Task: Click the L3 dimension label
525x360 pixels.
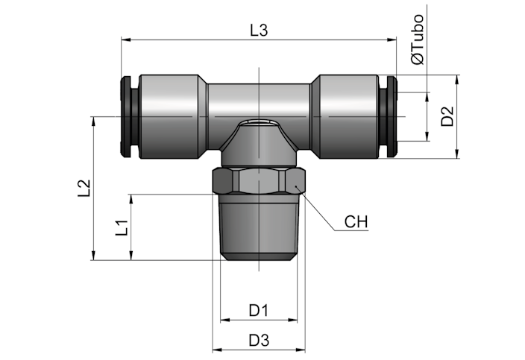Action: coord(260,31)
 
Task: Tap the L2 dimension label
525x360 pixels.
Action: coord(84,188)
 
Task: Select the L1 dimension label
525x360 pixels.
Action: coord(122,227)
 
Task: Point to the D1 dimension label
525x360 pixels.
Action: coord(259,311)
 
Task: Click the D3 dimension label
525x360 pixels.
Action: coord(259,341)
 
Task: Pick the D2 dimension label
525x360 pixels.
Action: coord(447,116)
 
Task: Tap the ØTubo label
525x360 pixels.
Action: coord(418,40)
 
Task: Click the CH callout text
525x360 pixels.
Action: coord(356,222)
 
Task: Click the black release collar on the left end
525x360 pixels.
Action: coord(129,116)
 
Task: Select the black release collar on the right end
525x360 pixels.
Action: coord(389,116)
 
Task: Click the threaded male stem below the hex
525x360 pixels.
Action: coord(259,227)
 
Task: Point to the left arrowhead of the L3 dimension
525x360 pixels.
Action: coord(125,40)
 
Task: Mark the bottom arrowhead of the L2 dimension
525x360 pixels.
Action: coord(94,256)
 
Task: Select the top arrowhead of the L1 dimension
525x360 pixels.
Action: coord(131,199)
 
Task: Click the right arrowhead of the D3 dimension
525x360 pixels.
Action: coord(301,350)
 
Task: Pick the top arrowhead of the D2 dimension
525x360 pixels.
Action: coord(457,79)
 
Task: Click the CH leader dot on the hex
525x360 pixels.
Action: coord(295,186)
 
